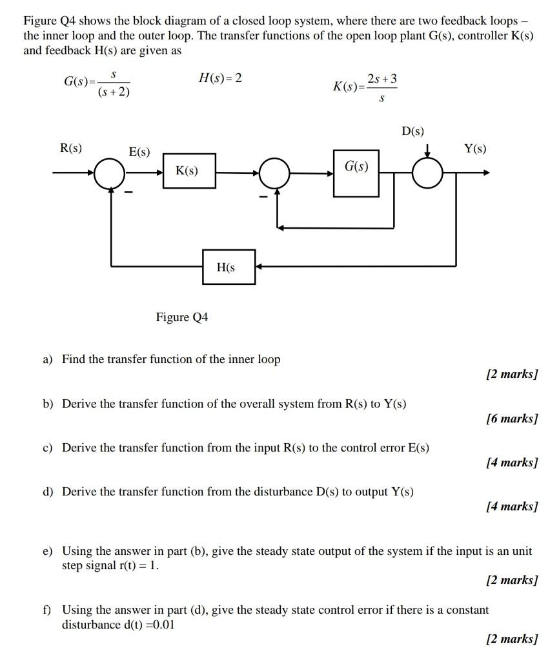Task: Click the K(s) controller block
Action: pyautogui.click(x=188, y=171)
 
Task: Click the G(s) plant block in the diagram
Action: pyautogui.click(x=356, y=167)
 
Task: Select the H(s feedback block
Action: pyautogui.click(x=229, y=267)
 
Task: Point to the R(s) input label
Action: pyautogui.click(x=70, y=147)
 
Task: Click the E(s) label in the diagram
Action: pyautogui.click(x=139, y=152)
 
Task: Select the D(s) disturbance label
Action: pyautogui.click(x=413, y=132)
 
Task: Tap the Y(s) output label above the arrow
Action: pyautogui.click(x=475, y=149)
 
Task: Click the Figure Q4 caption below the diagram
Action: pyautogui.click(x=182, y=317)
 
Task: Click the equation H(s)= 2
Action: pyautogui.click(x=220, y=78)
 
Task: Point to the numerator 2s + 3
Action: pyautogui.click(x=381, y=79)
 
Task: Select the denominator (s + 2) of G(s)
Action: pyautogui.click(x=114, y=93)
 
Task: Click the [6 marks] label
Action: pyautogui.click(x=511, y=419)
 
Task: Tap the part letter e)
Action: pyautogui.click(x=47, y=551)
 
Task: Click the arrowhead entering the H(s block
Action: pyautogui.click(x=259, y=266)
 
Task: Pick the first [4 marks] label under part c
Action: pyautogui.click(x=511, y=463)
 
